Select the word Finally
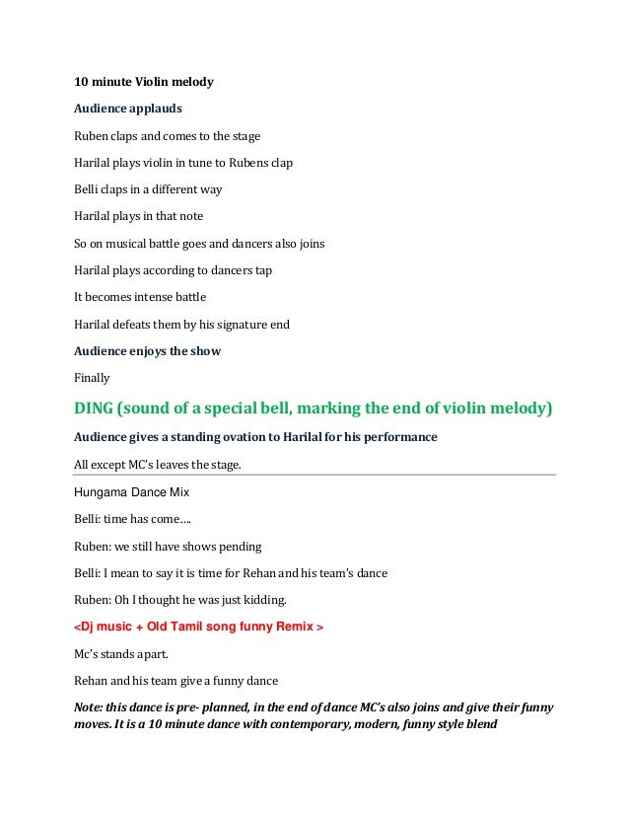[93, 377]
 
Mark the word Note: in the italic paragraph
[91, 707]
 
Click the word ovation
[255, 436]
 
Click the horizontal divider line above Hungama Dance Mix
[315, 475]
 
